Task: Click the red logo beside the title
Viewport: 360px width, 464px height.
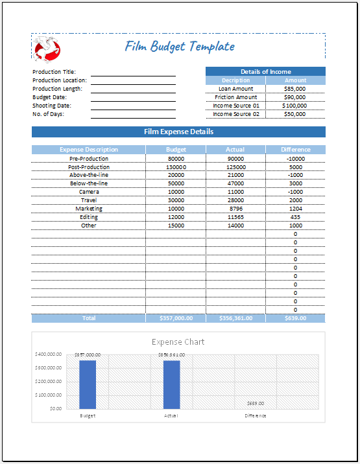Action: [x=46, y=47]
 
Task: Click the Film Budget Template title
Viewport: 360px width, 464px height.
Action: [x=180, y=46]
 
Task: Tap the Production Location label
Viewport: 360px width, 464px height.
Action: [x=60, y=80]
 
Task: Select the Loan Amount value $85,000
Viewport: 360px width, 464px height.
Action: [x=295, y=89]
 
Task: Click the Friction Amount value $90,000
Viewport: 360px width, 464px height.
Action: [x=295, y=97]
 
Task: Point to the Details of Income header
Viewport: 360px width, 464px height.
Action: [x=265, y=71]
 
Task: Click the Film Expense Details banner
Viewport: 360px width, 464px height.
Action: [x=178, y=132]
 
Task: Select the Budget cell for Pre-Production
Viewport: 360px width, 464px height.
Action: [x=176, y=159]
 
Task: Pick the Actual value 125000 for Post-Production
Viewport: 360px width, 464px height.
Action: [x=235, y=167]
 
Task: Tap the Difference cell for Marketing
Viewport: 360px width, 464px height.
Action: [x=295, y=209]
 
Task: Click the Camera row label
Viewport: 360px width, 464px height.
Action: [x=89, y=192]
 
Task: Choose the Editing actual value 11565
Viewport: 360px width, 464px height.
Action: [x=235, y=217]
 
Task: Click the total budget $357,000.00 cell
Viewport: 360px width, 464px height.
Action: [x=176, y=318]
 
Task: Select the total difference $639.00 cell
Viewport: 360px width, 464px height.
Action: [x=295, y=318]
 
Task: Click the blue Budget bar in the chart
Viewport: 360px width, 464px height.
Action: [x=88, y=384]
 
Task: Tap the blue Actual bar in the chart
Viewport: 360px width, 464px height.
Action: [x=171, y=384]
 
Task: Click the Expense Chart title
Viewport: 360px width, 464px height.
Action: [x=178, y=342]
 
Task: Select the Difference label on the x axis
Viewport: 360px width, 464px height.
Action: [x=255, y=415]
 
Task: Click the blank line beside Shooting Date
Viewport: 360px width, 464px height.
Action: [x=133, y=106]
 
